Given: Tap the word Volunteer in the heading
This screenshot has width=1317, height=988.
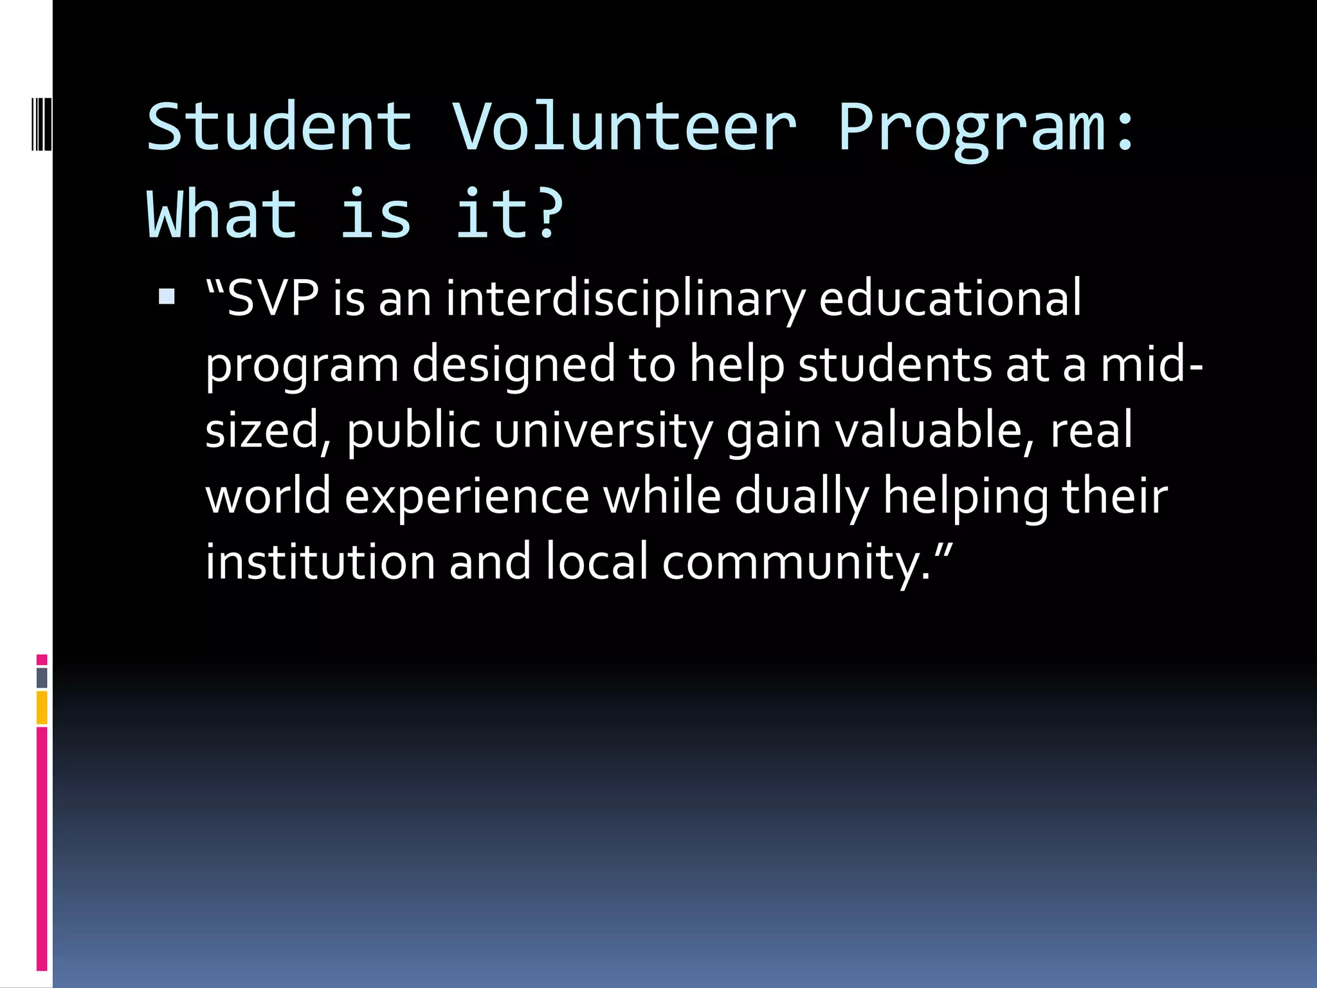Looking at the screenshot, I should point(624,127).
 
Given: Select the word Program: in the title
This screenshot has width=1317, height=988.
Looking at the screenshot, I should point(987,129).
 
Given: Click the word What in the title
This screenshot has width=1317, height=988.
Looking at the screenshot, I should point(222,215).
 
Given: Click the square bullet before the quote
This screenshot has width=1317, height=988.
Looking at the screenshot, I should point(167,297).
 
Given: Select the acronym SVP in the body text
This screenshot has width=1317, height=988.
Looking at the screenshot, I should point(273,298).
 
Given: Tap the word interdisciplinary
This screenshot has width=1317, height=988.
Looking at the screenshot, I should point(625,300).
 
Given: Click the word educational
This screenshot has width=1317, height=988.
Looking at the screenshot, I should point(950,298).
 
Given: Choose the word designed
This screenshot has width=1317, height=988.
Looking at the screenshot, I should point(513,365).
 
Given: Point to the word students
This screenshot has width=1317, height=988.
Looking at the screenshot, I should point(895,365).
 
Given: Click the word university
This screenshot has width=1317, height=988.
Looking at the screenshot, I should point(603,431).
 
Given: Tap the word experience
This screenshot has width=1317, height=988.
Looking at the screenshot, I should point(467,497).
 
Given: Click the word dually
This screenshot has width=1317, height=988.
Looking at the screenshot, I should point(801,497).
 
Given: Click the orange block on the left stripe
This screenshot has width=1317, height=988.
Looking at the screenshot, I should point(42,708).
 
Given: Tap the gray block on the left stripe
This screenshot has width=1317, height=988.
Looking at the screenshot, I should point(42,677).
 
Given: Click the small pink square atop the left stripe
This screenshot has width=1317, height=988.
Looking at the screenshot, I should point(42,659).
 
